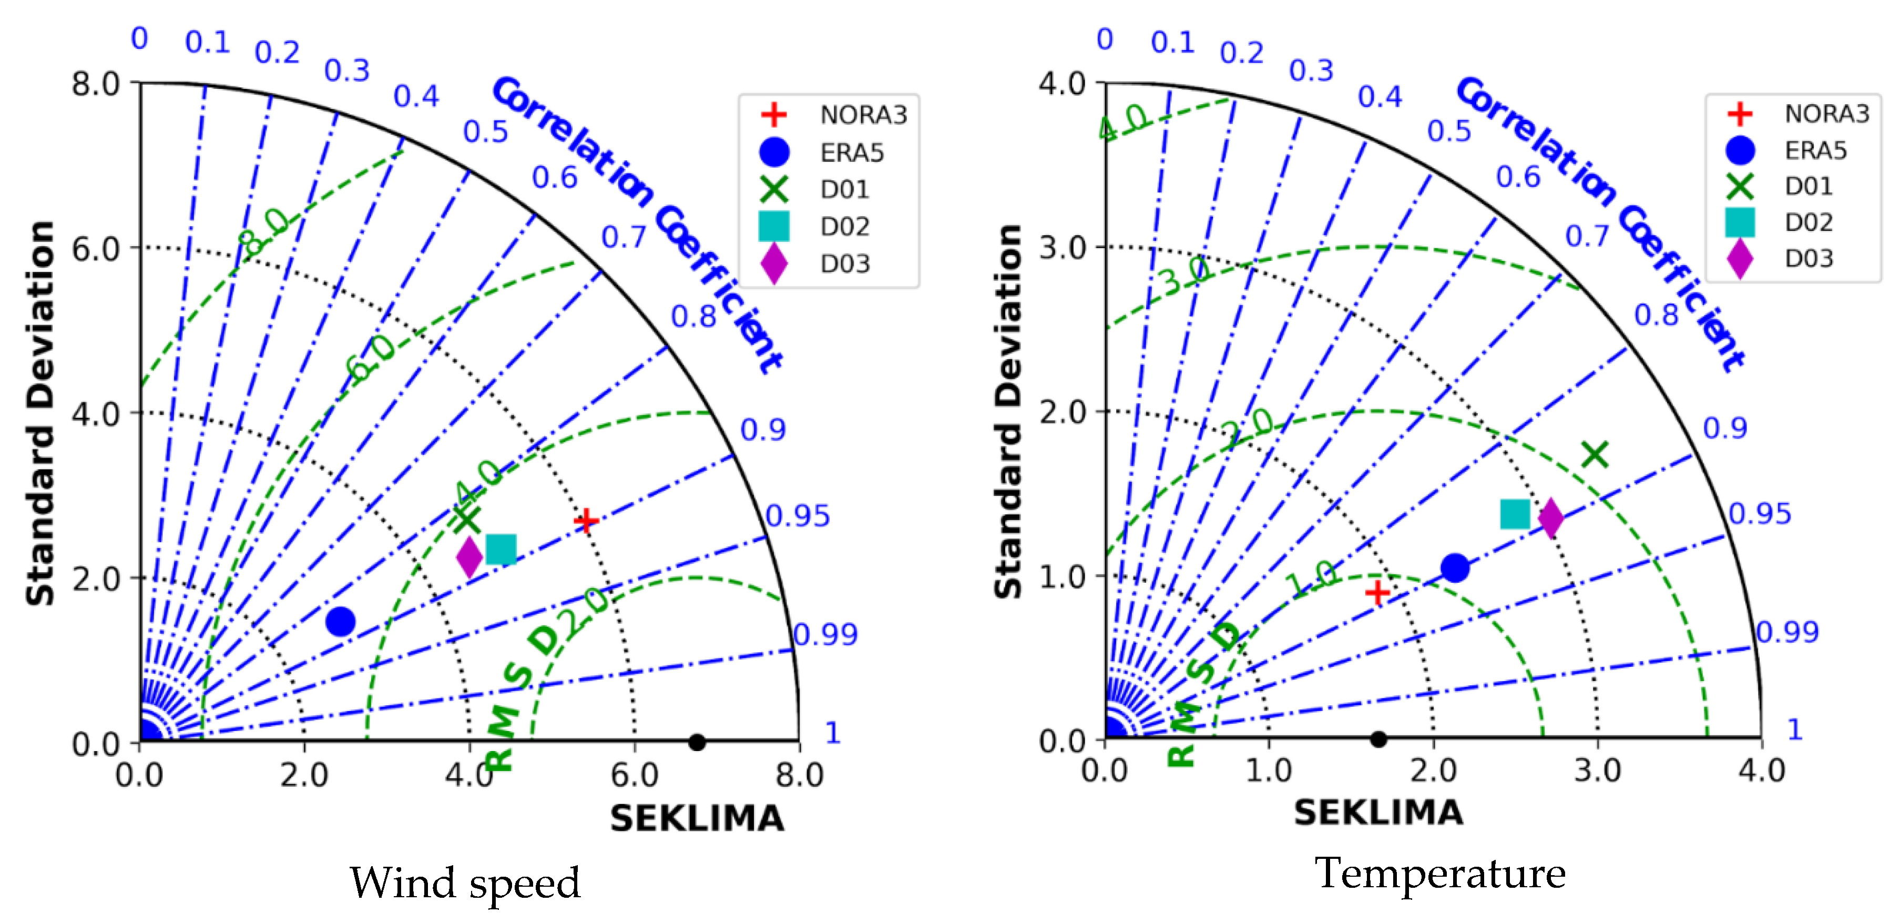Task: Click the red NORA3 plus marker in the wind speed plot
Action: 586,521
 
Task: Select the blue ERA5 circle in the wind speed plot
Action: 340,621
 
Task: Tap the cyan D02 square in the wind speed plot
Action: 501,550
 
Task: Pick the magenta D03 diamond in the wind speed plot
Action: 469,557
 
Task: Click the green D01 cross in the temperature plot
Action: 1595,454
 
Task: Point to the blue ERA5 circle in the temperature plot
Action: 1455,568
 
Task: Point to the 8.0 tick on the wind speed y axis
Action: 96,84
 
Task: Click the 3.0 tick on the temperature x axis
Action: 1598,770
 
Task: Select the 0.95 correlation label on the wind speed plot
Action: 798,516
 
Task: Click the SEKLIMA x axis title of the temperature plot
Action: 1378,813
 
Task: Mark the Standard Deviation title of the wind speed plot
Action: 40,413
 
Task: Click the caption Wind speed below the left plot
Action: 465,883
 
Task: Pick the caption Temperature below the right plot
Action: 1440,874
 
